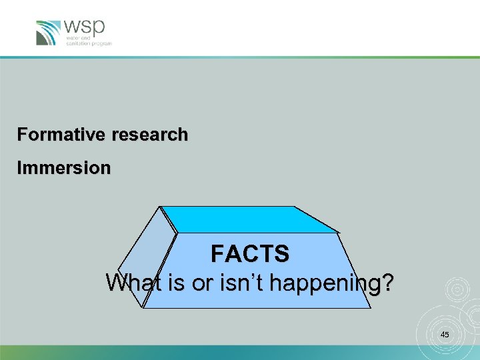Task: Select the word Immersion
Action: (x=64, y=169)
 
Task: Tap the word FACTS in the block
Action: (x=250, y=254)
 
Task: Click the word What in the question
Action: (x=133, y=283)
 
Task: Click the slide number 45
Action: (x=445, y=334)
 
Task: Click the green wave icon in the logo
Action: (x=48, y=33)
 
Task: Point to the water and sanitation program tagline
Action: (x=88, y=41)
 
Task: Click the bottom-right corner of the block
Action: (x=371, y=308)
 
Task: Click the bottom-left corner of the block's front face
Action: (x=143, y=308)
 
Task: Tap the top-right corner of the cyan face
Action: (x=295, y=207)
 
